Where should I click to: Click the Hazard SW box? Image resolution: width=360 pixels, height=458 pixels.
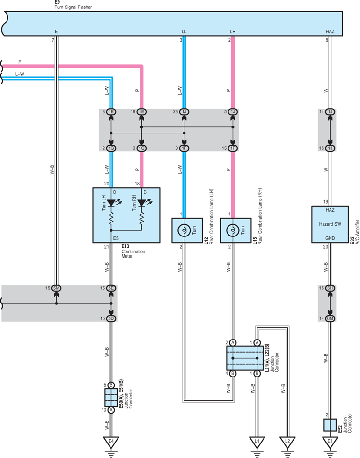[x=330, y=224]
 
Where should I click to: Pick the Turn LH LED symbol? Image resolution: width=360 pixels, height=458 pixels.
[x=111, y=202]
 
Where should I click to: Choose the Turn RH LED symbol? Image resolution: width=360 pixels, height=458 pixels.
[x=141, y=202]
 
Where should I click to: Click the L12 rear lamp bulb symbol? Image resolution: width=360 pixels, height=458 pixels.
[x=184, y=230]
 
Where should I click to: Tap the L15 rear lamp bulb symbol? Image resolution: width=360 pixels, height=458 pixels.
[x=233, y=230]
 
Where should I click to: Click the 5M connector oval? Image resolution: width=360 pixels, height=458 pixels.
[x=56, y=288]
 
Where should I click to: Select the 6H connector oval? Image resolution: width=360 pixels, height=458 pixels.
[x=330, y=288]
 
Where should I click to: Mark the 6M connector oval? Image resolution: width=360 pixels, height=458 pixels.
[x=330, y=318]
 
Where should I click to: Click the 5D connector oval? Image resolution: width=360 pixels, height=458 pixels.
[x=111, y=318]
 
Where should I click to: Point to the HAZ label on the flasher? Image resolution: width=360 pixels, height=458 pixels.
[x=330, y=31]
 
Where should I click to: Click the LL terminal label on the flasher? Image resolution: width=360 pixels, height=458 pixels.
[x=184, y=31]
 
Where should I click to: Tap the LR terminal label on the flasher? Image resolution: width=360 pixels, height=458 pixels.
[x=233, y=31]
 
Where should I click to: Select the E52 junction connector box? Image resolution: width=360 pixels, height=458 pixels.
[x=330, y=425]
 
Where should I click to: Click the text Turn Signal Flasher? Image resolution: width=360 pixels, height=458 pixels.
[x=73, y=7]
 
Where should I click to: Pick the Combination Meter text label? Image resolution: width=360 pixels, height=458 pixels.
[x=133, y=254]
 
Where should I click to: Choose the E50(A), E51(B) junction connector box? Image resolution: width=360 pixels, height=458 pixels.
[x=111, y=398]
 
